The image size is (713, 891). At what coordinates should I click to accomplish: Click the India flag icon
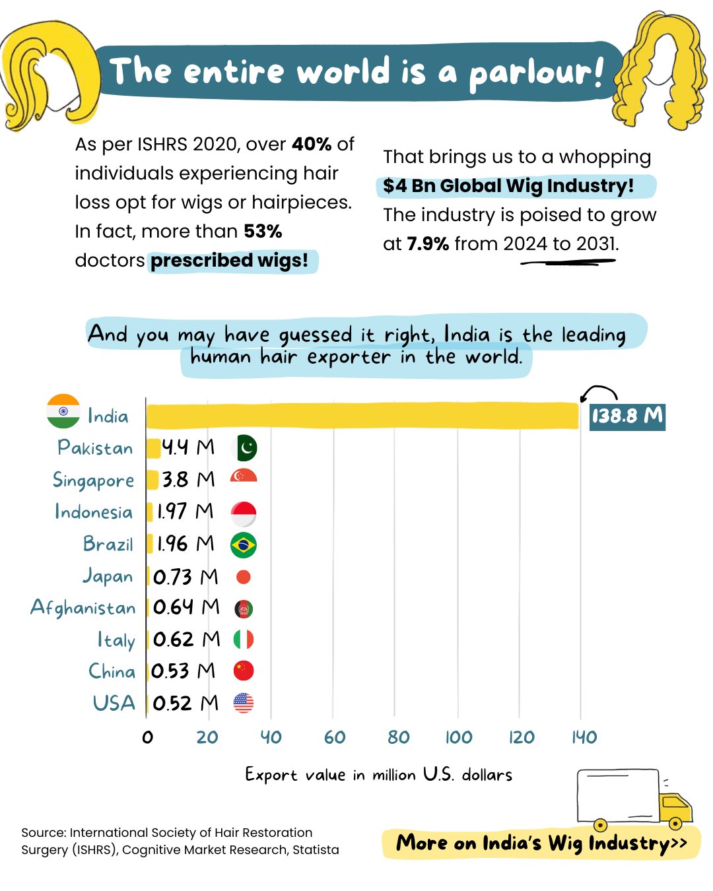63,411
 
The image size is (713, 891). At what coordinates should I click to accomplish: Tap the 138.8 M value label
627,416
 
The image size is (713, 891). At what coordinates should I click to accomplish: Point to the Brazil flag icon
244,545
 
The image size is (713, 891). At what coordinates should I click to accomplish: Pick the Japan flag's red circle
244,577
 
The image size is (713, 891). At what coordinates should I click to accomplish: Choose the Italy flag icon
244,640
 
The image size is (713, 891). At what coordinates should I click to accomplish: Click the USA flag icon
244,703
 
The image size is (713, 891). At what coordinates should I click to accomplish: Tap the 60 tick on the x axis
335,737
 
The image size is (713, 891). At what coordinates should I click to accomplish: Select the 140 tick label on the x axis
584,737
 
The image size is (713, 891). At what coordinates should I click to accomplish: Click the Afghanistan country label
83,608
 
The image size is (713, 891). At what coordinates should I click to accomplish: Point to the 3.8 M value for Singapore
188,480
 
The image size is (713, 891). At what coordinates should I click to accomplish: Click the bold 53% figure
263,232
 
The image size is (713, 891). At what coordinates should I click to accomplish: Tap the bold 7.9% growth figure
428,244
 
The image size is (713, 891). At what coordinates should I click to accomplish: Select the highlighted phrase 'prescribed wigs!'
230,261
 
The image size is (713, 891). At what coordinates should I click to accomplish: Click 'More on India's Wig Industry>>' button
541,843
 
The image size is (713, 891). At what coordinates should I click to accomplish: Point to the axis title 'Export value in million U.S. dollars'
378,774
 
